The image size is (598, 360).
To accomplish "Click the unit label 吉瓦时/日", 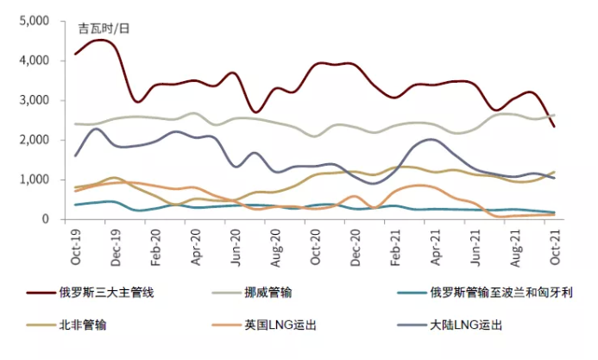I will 104,28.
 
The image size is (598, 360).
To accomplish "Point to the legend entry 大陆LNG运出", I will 465,325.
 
